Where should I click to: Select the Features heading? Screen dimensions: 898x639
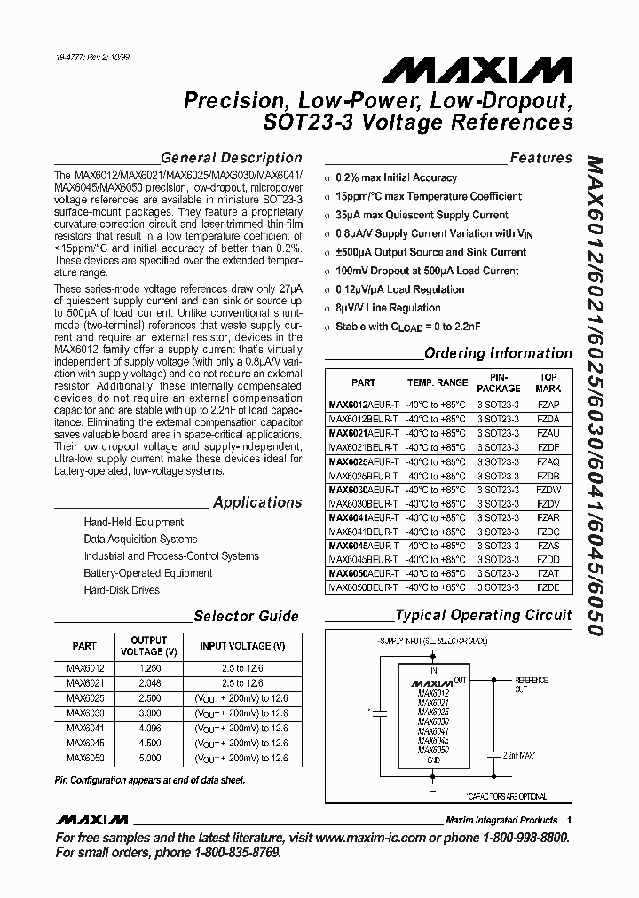(540, 158)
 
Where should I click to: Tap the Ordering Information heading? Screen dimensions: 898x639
(498, 353)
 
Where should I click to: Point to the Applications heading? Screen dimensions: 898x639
(257, 502)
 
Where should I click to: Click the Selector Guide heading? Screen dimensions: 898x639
(246, 616)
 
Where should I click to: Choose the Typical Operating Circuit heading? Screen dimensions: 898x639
(484, 615)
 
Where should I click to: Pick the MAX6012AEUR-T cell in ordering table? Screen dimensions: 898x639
(363, 404)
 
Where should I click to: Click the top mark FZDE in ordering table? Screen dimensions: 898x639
(548, 587)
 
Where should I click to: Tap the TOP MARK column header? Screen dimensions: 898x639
(548, 382)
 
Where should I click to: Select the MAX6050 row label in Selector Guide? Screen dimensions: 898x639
(85, 758)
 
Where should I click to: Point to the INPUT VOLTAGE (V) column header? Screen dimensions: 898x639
(242, 646)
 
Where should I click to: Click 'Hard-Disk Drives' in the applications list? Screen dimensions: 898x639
(122, 590)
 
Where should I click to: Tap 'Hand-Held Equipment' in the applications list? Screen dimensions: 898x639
(133, 523)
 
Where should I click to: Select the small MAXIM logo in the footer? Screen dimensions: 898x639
(91, 819)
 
